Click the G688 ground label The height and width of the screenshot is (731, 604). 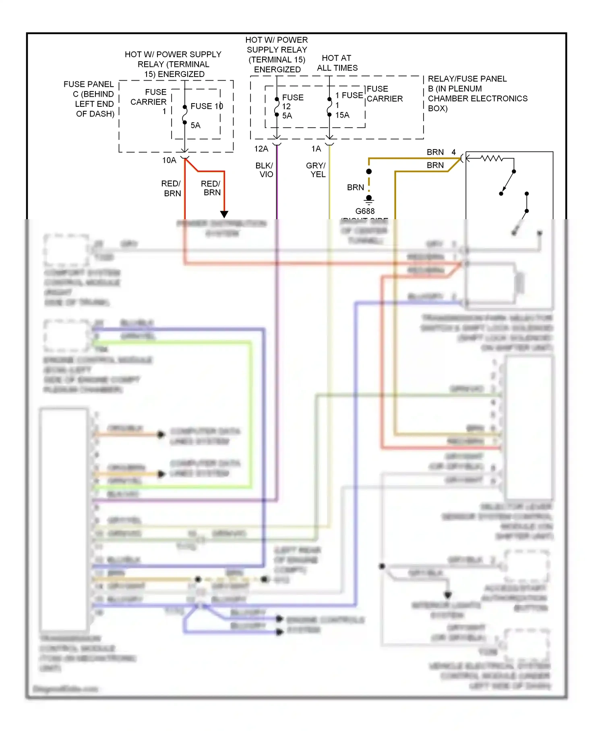(365, 211)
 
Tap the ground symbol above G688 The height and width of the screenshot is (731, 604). (369, 199)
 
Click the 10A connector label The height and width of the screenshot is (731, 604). (169, 160)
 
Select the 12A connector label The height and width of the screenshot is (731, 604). (261, 149)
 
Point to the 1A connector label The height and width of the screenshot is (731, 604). (316, 149)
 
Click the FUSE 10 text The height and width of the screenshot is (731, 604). (207, 106)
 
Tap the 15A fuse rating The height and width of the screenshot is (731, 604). (342, 115)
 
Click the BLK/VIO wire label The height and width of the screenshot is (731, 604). (265, 170)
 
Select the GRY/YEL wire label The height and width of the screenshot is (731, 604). (316, 170)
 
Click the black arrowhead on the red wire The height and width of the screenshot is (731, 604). (224, 214)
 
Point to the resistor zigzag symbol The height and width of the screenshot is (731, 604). (492, 158)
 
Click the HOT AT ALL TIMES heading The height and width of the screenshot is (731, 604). (337, 63)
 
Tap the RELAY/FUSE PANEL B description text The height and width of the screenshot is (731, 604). (477, 93)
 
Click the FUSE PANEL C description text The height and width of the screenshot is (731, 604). (89, 99)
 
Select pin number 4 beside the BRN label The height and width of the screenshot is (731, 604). (453, 152)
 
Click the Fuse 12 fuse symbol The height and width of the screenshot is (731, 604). (277, 107)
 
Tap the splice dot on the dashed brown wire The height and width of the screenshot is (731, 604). (369, 172)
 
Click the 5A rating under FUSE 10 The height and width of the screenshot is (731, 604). (195, 125)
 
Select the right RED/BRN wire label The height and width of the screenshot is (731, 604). (211, 188)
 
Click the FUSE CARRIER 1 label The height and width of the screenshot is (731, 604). (149, 101)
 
